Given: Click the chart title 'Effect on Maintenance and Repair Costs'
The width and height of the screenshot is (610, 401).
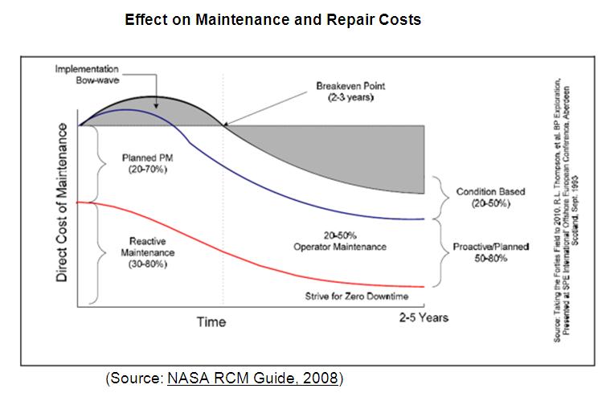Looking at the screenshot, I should [272, 19].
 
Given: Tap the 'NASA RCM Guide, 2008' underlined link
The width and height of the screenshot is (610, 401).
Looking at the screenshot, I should [253, 378].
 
